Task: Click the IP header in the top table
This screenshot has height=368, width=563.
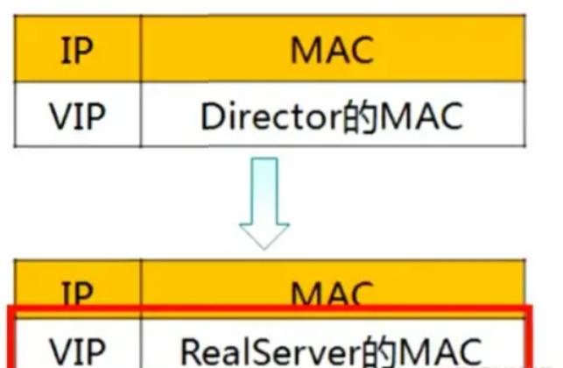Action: point(76,51)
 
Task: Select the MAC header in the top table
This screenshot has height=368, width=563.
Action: point(332,51)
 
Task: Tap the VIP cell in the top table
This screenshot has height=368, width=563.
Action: point(76,117)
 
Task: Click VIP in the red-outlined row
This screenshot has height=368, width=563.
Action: point(76,350)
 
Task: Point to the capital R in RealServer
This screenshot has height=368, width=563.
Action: point(190,350)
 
